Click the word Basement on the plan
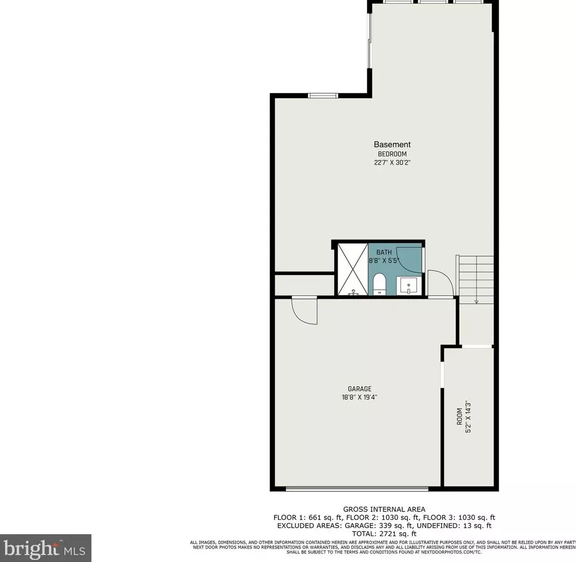[x=392, y=144]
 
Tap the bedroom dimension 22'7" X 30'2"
[x=392, y=162]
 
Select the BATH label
[x=384, y=252]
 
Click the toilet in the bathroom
[x=380, y=283]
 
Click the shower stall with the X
[x=352, y=269]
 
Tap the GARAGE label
[x=359, y=389]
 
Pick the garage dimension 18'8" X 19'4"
[x=359, y=398]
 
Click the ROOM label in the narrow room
[x=459, y=417]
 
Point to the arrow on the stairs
[x=476, y=300]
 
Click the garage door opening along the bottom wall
[x=357, y=489]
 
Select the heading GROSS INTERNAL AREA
[x=384, y=509]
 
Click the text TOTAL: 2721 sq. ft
[x=384, y=533]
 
